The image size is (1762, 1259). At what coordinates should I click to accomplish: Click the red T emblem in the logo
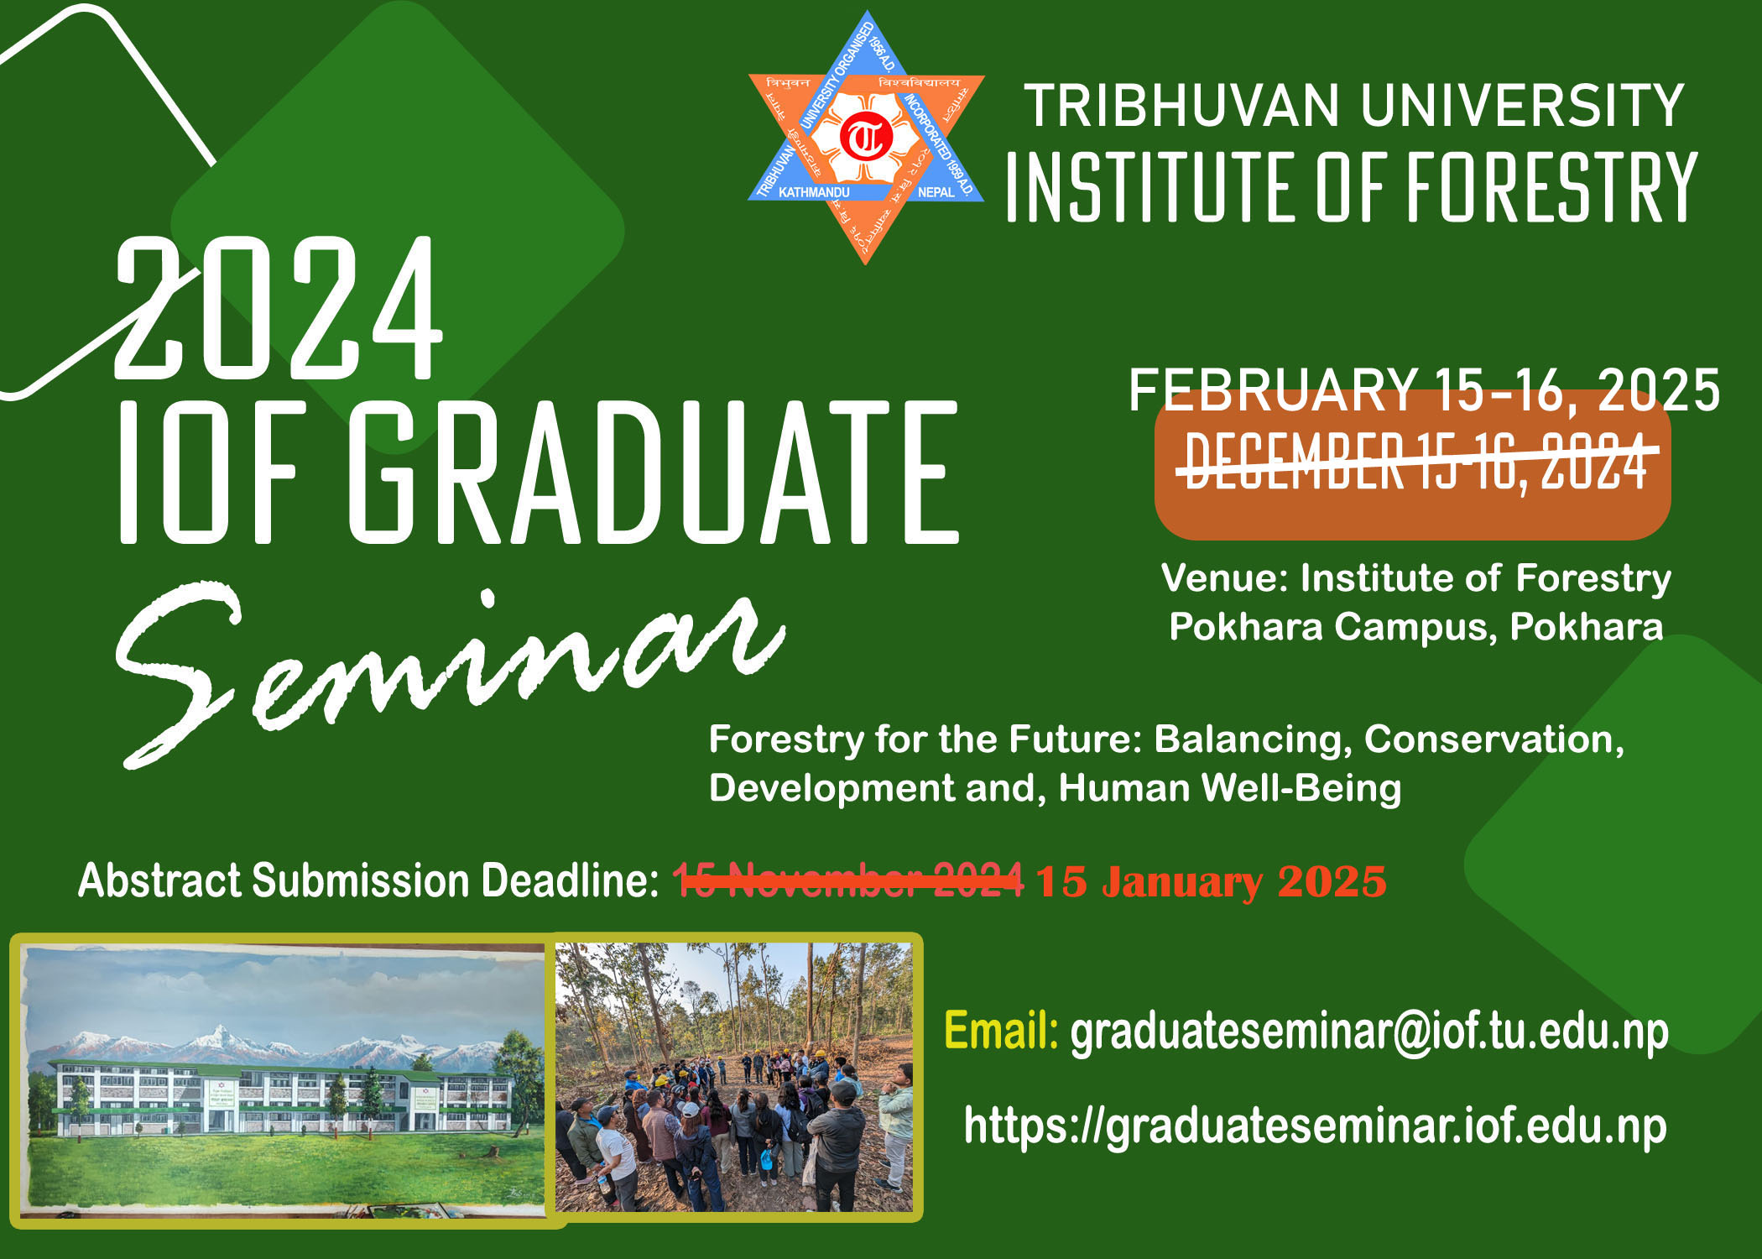coord(866,138)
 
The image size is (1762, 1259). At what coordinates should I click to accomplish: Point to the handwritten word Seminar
coord(445,663)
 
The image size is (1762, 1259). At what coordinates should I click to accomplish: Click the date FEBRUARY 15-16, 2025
coord(1424,391)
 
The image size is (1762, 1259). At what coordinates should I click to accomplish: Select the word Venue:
coord(1224,578)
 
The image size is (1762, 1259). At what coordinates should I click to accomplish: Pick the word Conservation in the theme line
coord(1492,739)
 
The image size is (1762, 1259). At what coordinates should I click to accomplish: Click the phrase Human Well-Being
coord(1229,788)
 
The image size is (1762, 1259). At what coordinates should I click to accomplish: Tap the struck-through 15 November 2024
coord(847,880)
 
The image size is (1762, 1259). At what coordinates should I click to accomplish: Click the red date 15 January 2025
coord(1210,882)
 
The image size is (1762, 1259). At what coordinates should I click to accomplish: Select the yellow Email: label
coord(1000,1031)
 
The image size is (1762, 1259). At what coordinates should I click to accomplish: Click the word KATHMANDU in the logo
coord(813,192)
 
